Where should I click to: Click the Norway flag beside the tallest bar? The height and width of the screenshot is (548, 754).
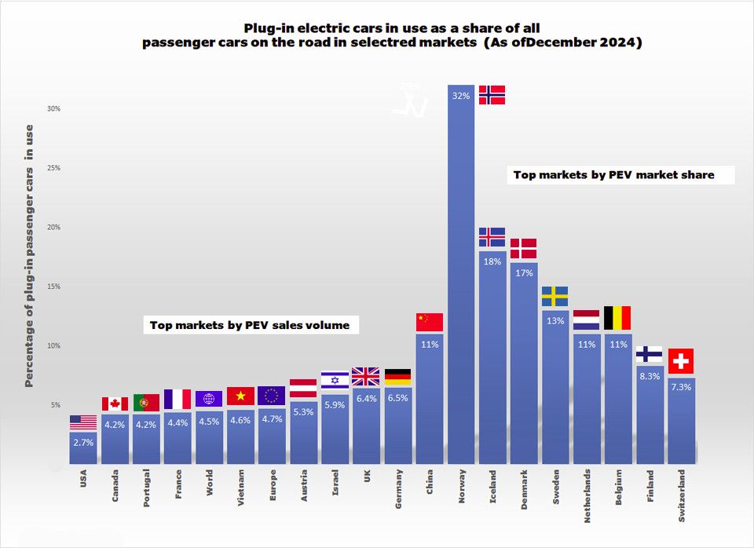tap(492, 94)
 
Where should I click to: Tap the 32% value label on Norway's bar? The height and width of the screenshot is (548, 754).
tap(461, 97)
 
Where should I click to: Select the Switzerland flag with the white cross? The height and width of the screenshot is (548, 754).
tap(681, 361)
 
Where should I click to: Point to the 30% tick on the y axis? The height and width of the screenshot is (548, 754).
tap(54, 108)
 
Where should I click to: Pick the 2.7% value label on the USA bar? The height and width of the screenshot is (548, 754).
tap(83, 443)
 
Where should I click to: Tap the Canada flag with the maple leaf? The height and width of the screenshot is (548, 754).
tap(115, 404)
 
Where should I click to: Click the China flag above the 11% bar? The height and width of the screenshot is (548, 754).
tap(430, 322)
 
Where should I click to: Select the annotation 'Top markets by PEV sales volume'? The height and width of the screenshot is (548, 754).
tap(250, 325)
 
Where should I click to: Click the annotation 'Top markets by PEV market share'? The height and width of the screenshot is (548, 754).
tap(614, 175)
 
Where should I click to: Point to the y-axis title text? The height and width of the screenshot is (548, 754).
tap(29, 255)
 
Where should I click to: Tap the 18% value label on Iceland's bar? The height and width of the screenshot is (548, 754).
tap(492, 261)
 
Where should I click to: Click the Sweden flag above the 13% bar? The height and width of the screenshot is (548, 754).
tap(555, 296)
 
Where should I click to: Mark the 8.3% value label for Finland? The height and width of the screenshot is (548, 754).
tap(649, 377)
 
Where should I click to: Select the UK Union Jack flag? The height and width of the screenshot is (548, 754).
tap(366, 377)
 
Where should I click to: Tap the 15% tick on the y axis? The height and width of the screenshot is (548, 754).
tap(54, 287)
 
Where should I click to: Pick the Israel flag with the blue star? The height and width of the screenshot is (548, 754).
tap(335, 381)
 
